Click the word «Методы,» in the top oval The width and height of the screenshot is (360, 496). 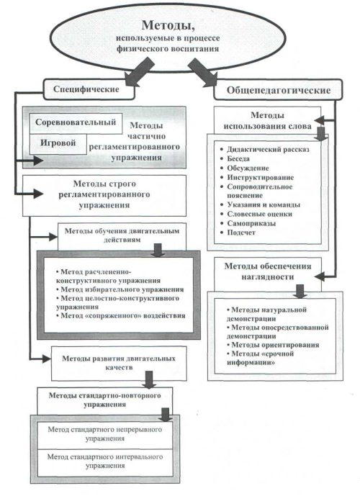(168, 25)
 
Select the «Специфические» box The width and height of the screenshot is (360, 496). (89, 89)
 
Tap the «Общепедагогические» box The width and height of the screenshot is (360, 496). (278, 90)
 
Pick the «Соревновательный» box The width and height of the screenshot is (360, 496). (76, 122)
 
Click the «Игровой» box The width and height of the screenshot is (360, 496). (58, 144)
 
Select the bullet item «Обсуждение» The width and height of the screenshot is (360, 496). (245, 168)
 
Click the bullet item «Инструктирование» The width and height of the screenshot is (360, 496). (257, 178)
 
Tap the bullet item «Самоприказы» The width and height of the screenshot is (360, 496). (248, 223)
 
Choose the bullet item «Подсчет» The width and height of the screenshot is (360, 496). (238, 233)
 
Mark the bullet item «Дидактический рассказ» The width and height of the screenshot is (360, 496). (265, 150)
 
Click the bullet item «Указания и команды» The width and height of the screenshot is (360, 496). (261, 204)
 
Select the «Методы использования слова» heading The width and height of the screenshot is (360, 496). (268, 120)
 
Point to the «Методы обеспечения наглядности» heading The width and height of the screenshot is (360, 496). (268, 271)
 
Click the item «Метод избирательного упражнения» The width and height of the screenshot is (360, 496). (120, 289)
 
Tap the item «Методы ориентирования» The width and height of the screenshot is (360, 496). (273, 345)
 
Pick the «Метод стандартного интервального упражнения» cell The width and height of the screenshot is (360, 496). (105, 461)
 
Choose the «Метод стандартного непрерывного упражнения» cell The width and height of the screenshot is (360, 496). (105, 434)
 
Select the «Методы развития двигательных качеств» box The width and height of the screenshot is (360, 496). (119, 363)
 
